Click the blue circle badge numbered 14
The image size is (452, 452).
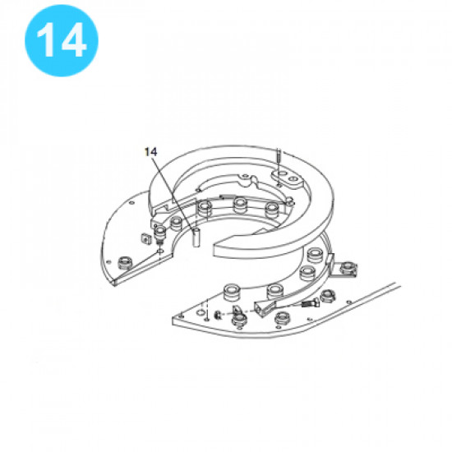(62, 40)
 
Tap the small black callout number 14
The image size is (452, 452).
(150, 152)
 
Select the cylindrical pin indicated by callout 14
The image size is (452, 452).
(196, 238)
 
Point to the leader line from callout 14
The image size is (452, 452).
(173, 192)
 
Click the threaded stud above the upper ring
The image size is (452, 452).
(279, 160)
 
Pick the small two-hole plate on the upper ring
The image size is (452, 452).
(287, 178)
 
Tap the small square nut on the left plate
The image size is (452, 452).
(147, 238)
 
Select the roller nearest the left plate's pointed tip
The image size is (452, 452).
(125, 262)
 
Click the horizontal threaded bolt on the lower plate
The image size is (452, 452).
(310, 303)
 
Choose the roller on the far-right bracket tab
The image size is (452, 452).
(348, 268)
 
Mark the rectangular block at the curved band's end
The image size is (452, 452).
(263, 307)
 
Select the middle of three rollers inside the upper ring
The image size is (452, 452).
(240, 205)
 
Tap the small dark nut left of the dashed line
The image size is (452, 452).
(219, 316)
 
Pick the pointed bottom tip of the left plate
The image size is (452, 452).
(114, 284)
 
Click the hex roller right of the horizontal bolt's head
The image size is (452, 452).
(327, 296)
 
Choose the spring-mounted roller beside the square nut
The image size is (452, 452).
(160, 235)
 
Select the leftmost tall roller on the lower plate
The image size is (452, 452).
(231, 292)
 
